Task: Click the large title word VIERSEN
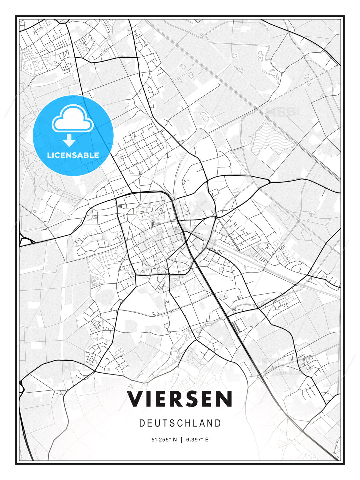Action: click(x=180, y=399)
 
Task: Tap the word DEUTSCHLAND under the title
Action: click(x=180, y=423)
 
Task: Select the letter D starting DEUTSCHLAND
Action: click(x=142, y=423)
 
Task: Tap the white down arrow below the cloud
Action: click(x=69, y=141)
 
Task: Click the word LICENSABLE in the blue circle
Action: click(x=73, y=155)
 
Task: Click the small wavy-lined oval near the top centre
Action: click(x=203, y=117)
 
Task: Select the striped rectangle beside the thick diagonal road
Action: click(x=237, y=325)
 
